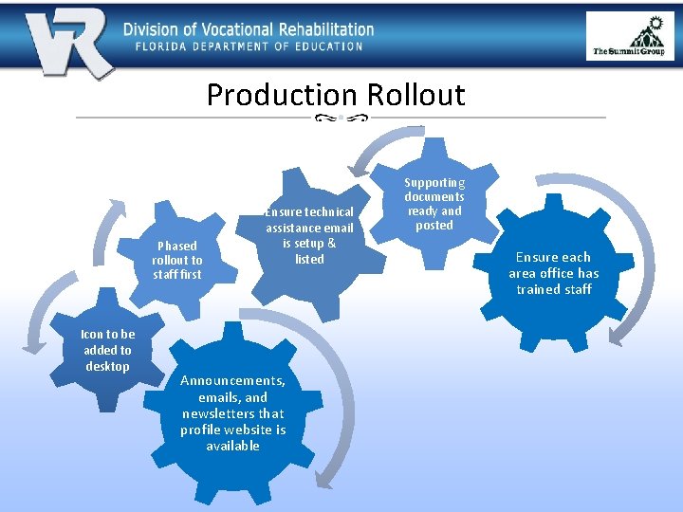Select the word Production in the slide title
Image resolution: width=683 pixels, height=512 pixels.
(x=280, y=95)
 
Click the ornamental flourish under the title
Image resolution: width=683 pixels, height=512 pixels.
(x=341, y=118)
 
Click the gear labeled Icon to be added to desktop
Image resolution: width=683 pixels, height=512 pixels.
(x=106, y=351)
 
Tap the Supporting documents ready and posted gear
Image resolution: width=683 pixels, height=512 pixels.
(x=434, y=203)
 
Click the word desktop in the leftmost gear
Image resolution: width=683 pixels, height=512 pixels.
(x=106, y=366)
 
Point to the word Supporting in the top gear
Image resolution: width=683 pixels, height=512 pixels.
(x=434, y=182)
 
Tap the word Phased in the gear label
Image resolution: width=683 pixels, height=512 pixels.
(x=176, y=246)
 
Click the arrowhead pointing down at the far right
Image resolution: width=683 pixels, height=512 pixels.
(x=616, y=334)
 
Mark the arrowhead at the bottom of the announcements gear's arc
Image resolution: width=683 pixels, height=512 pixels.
(x=324, y=479)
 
